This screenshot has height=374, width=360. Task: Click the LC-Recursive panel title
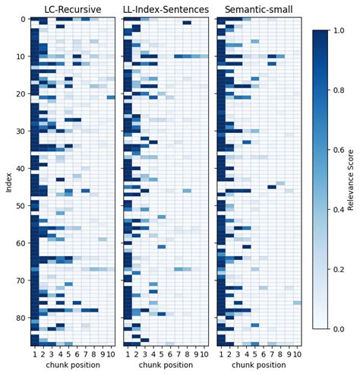[x=73, y=9]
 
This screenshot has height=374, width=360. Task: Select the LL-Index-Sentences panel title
[x=166, y=9]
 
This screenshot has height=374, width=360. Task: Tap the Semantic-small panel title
[x=259, y=9]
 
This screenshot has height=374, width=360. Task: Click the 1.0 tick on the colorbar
[x=339, y=30]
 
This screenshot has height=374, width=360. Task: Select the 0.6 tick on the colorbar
[x=339, y=150]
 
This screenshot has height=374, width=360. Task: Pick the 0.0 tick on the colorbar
[x=339, y=329]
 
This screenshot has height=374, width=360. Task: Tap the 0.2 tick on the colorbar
[x=339, y=269]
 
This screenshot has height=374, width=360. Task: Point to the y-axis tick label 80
[x=21, y=318]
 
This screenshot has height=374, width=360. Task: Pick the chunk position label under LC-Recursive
[x=73, y=366]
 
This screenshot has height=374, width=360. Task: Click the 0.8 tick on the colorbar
[x=339, y=90]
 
